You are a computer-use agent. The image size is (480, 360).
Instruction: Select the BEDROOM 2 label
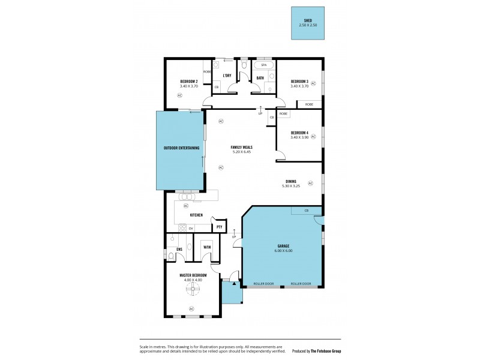coord(189,81)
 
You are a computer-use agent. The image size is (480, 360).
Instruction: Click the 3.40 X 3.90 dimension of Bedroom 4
coord(299,137)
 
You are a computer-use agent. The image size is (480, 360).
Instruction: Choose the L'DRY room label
coord(227,76)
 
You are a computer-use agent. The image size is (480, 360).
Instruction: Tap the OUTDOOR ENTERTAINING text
coord(181,148)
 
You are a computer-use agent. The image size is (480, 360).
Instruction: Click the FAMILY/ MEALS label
coord(241,148)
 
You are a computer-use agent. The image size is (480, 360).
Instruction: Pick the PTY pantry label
coord(220,227)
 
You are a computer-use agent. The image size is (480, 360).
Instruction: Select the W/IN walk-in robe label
coord(207,247)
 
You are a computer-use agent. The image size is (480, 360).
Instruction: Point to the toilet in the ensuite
coord(172,256)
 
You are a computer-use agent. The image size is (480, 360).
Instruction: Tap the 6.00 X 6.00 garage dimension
coord(284,251)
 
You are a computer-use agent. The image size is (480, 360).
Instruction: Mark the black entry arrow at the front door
coord(226,282)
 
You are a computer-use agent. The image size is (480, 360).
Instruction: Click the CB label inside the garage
coord(306,211)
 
